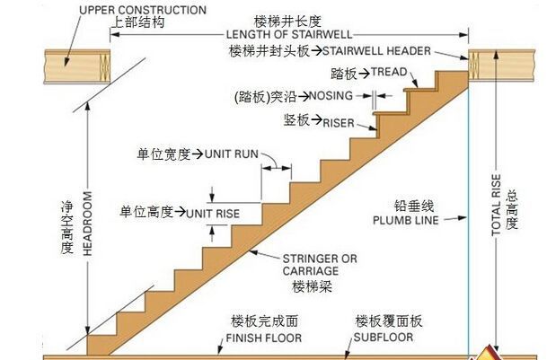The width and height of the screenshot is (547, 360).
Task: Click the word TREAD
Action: point(390,72)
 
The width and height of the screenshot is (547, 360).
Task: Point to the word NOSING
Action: point(334,94)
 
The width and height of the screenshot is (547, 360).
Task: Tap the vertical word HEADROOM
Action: point(88,224)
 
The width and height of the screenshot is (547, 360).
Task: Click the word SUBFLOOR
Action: point(381,338)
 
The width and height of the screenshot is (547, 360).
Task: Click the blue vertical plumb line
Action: point(468,224)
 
